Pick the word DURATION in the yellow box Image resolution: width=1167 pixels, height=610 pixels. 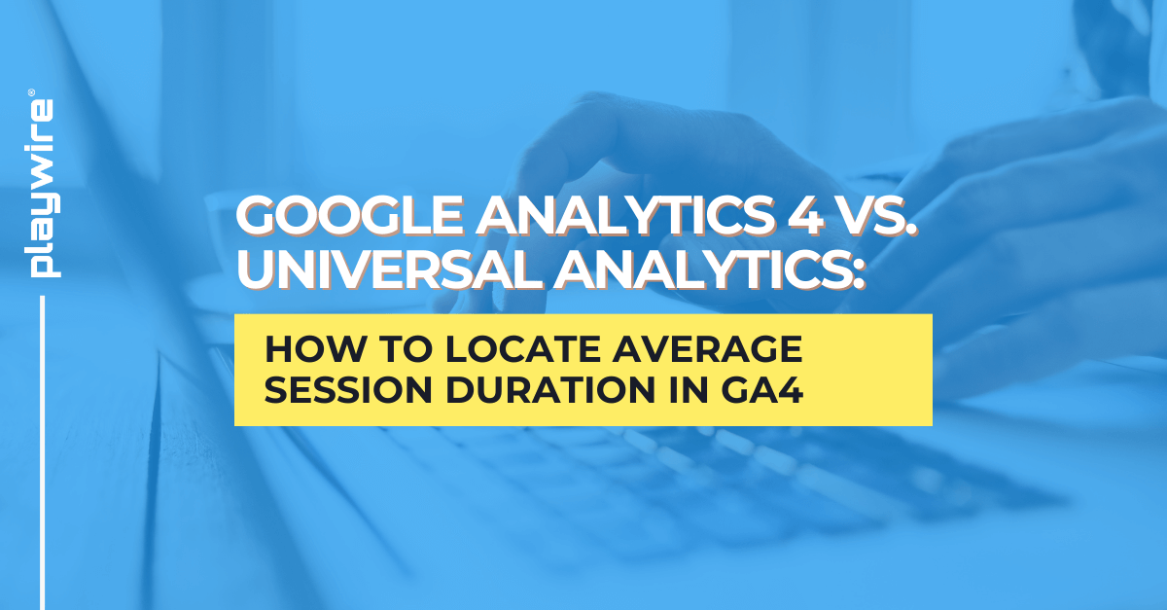546,390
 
